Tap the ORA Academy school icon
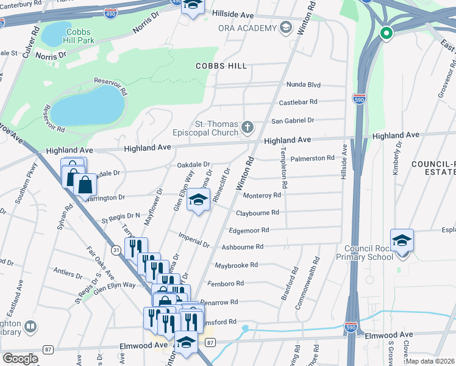285,27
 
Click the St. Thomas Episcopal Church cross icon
247,127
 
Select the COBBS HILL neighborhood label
221,65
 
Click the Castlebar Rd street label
298,102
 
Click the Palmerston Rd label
313,158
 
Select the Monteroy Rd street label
262,195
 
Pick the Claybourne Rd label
257,213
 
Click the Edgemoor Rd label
248,230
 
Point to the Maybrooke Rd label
237,265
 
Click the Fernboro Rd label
226,283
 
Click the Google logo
20,359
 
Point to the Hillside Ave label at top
232,13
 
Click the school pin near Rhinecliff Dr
198,201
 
